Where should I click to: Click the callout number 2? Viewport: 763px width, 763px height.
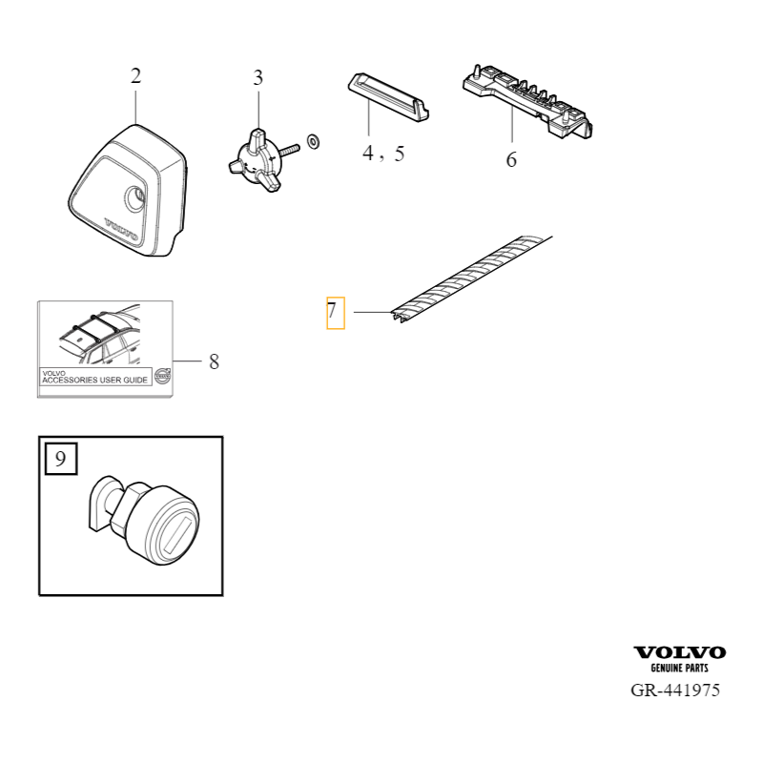coord(135,76)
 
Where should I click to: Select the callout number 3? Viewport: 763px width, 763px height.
coord(258,78)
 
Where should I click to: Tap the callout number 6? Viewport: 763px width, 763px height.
coord(511,159)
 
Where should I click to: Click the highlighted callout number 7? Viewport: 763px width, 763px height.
coord(332,311)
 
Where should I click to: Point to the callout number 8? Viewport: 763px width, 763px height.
coord(214,361)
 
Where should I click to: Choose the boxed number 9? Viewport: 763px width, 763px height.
coord(60,459)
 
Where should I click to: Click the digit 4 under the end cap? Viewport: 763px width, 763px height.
coord(368,154)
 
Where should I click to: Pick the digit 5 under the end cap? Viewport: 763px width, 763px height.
coord(400,154)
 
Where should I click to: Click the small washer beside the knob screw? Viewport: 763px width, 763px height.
coord(314,141)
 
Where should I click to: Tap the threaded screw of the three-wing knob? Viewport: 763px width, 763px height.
coord(289,150)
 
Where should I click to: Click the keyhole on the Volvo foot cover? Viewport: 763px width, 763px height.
coord(135,199)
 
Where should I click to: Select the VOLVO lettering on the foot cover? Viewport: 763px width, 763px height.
coord(121,229)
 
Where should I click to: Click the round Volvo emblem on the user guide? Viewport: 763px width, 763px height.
coord(161,376)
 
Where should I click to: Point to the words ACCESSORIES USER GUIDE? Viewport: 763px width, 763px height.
coord(94,380)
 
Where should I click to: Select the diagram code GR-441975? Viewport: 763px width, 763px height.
coord(675,691)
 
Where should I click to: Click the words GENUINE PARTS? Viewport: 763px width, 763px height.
coord(679,669)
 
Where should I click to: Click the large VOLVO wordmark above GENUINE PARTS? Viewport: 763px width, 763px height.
coord(679,652)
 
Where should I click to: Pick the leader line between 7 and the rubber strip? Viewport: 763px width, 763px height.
coord(373,312)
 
